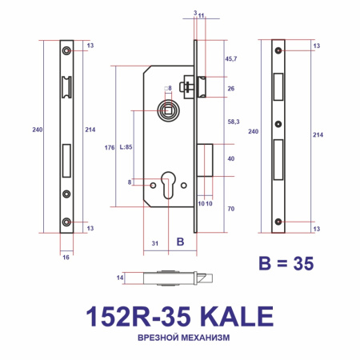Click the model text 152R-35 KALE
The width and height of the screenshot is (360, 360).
click(x=179, y=314)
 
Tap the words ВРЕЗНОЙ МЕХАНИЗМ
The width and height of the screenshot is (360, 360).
click(x=179, y=338)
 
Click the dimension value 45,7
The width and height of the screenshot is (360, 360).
click(x=232, y=60)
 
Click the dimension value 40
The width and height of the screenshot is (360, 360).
click(x=230, y=158)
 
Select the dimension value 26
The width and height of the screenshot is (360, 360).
click(x=230, y=88)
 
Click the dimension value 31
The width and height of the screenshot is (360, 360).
click(x=157, y=242)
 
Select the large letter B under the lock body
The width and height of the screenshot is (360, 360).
click(x=180, y=242)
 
